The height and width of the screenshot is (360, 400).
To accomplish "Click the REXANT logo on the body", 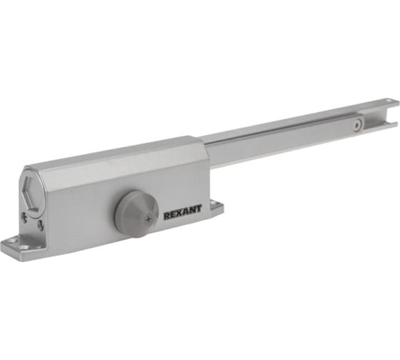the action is click(x=183, y=212).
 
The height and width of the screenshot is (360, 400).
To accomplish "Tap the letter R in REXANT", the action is click(x=166, y=216).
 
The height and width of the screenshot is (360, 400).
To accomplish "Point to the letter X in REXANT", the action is click(x=179, y=213).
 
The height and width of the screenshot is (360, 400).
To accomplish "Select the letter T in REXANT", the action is click(x=199, y=209).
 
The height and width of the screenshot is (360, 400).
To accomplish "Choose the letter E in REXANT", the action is click(x=173, y=214).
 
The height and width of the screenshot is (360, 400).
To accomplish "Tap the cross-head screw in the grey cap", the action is click(x=149, y=219).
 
